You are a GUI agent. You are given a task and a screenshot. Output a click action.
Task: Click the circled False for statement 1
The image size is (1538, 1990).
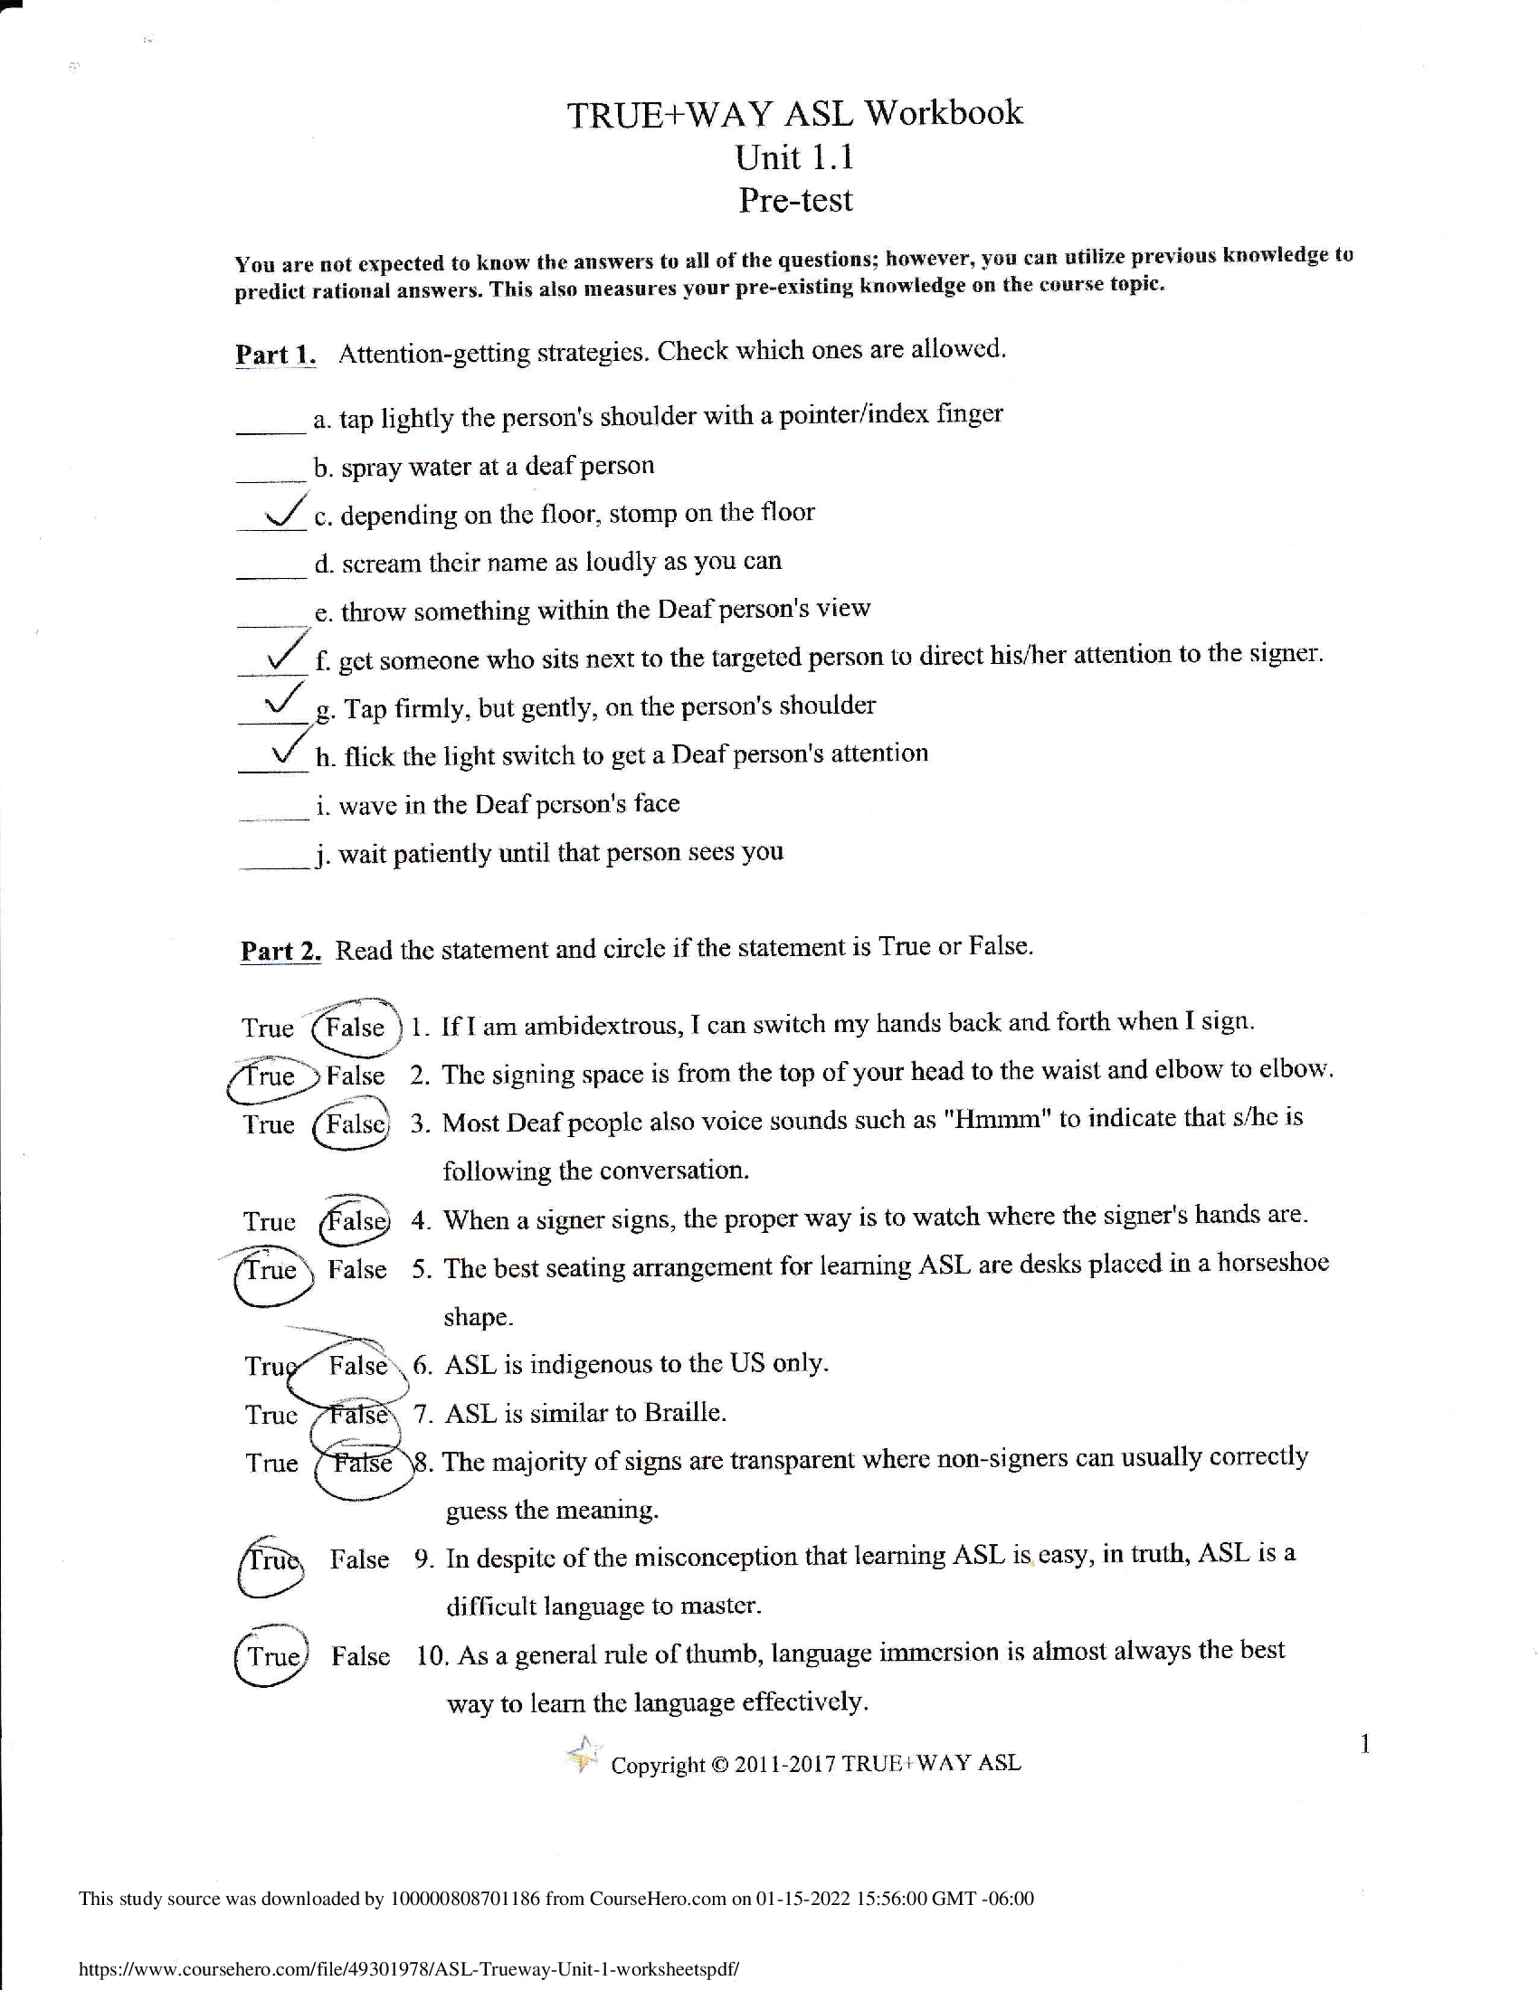pos(356,1028)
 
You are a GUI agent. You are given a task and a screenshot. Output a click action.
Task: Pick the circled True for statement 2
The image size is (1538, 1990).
pos(270,1076)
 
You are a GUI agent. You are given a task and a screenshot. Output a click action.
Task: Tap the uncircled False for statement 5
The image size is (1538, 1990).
pos(356,1269)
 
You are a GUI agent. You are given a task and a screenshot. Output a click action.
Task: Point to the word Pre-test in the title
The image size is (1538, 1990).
pos(794,200)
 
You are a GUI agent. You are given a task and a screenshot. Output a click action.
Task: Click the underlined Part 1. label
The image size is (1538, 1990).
pos(275,354)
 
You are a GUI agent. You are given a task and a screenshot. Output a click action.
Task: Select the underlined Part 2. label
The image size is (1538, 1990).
pos(280,951)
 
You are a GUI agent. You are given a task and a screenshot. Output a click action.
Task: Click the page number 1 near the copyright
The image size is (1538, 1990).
pos(1364,1744)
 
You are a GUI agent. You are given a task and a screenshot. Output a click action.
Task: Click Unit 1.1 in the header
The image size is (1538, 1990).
pos(794,157)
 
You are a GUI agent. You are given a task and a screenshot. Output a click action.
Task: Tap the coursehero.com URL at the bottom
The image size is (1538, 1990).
pos(408,1968)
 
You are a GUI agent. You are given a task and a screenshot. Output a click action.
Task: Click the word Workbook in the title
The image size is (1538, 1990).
pos(943,113)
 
